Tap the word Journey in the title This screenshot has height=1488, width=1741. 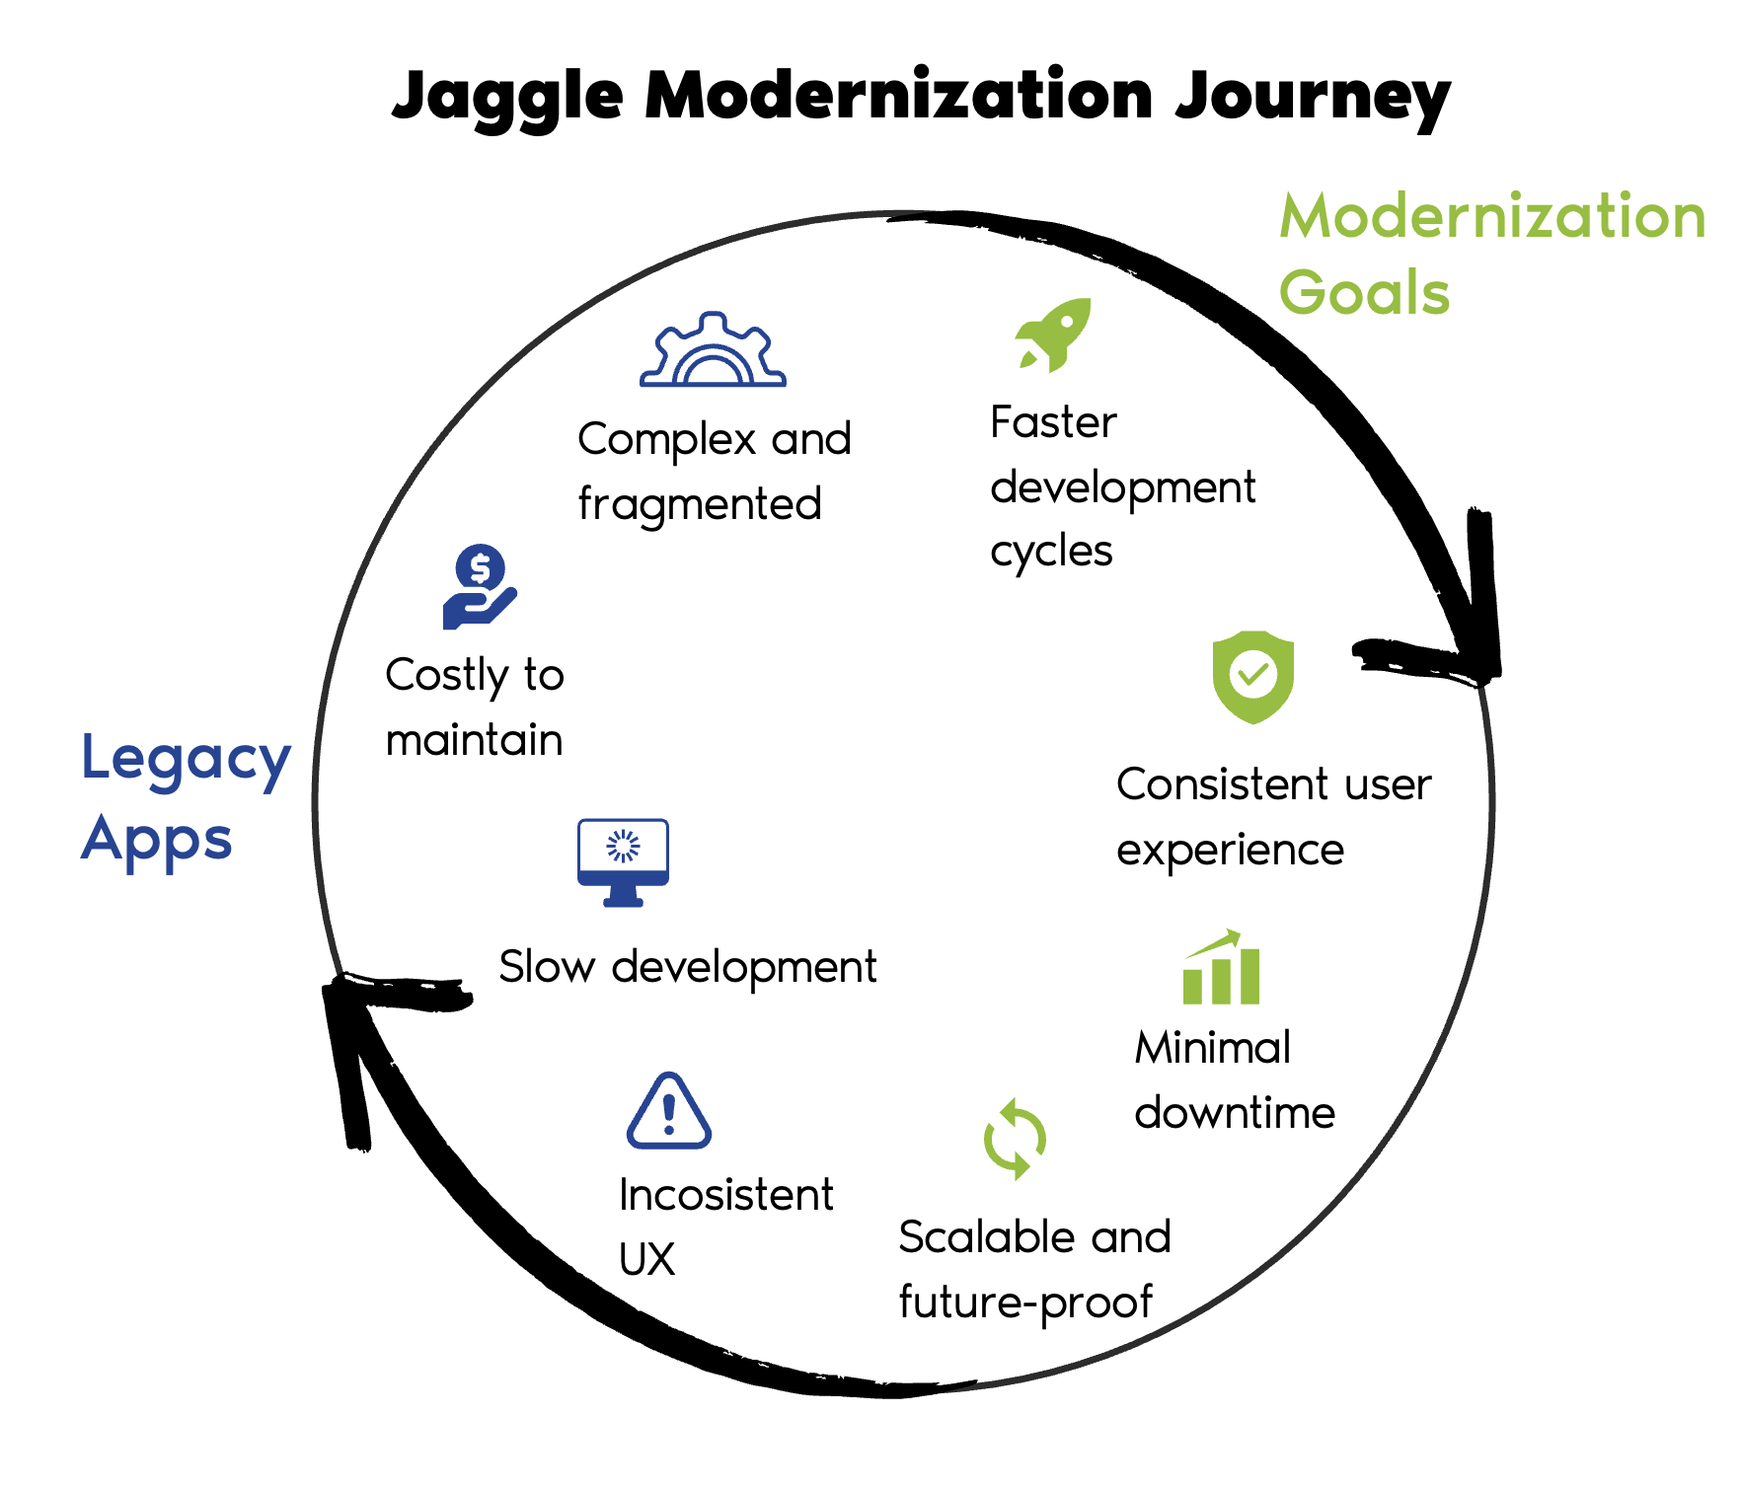(x=1313, y=97)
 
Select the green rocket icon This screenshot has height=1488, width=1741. (x=1054, y=335)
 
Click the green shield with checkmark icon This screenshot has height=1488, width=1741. (x=1252, y=677)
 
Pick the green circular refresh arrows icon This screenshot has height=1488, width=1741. (x=1015, y=1139)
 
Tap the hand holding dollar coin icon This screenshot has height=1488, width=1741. (x=480, y=587)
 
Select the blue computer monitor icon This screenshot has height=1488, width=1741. (x=623, y=861)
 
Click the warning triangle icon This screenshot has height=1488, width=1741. (x=669, y=1112)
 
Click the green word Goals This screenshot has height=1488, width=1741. (x=1364, y=293)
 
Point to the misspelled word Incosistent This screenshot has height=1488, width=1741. (x=725, y=1195)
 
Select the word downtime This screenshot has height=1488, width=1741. (x=1235, y=1113)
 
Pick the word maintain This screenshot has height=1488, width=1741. (x=474, y=740)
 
